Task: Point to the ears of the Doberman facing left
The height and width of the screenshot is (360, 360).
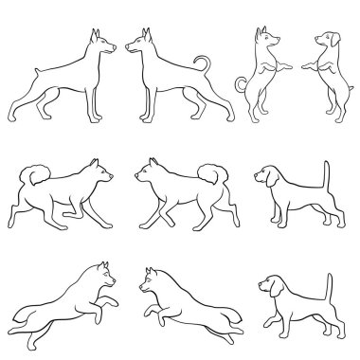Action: [x=144, y=35]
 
